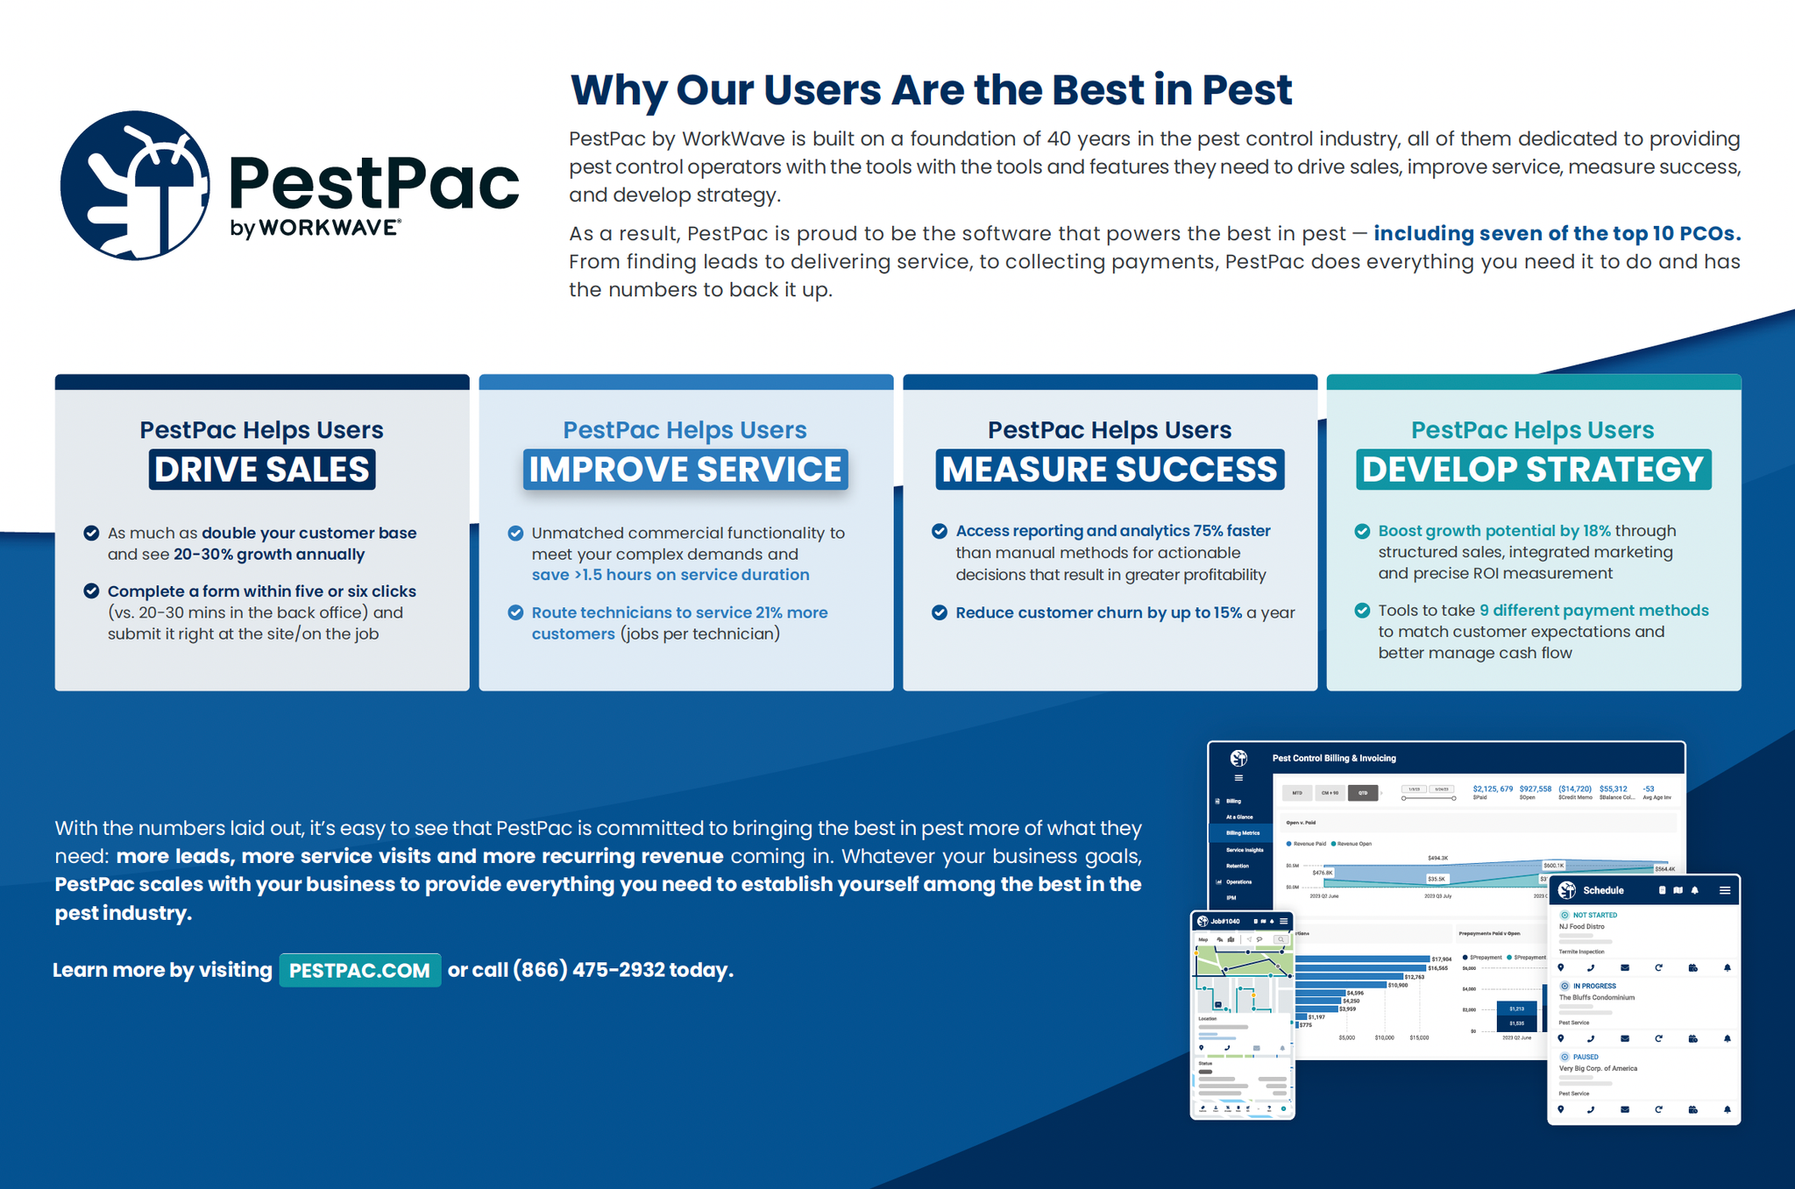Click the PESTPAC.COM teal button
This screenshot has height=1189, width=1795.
[x=359, y=970]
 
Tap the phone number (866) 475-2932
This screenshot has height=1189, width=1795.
[x=588, y=970]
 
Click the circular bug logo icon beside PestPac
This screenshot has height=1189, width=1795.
[x=135, y=185]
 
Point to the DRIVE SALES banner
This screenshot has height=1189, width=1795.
[x=262, y=470]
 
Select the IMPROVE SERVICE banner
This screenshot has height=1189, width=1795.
[x=685, y=470]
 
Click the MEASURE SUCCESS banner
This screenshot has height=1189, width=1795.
[x=1110, y=470]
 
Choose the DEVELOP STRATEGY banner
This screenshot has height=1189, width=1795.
[x=1533, y=470]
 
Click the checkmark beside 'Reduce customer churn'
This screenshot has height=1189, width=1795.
[x=940, y=612]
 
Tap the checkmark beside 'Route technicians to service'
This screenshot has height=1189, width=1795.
[x=516, y=612]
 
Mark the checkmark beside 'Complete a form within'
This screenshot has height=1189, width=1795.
[x=91, y=591]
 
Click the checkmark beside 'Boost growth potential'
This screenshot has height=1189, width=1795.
[x=1363, y=531]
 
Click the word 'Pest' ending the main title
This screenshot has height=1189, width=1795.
[x=1246, y=89]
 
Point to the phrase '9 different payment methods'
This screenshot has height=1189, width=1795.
[x=1594, y=611]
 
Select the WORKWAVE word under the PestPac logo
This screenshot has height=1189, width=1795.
[x=329, y=228]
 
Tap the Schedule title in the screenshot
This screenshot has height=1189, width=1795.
[x=1603, y=890]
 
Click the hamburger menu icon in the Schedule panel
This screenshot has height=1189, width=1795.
[x=1725, y=890]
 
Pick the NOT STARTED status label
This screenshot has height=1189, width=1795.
[x=1594, y=915]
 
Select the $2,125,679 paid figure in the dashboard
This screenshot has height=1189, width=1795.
[x=1493, y=789]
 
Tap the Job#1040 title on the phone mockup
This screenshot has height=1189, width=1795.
[x=1225, y=921]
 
